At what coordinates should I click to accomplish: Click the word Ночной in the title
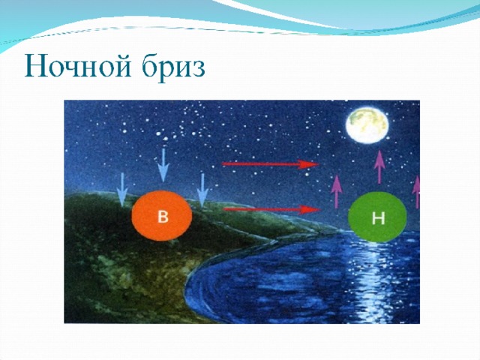coord(78,67)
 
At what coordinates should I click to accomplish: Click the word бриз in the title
coord(173,67)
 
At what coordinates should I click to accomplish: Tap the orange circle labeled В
coord(162,216)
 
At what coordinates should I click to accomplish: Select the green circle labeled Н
coord(377,217)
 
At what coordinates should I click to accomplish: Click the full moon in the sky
coord(367,124)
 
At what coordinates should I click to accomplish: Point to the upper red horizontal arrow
coord(270,164)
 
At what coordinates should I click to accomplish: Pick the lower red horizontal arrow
coord(272,210)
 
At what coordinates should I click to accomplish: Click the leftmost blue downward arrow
coord(122,190)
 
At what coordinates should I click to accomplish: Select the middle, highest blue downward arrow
coord(163,165)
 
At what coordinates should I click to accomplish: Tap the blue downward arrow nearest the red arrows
coord(202,190)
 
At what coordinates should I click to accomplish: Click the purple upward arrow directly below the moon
coord(379,166)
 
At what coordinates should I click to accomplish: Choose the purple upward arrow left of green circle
coord(337,192)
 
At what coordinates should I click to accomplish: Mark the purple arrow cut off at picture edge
coord(416,192)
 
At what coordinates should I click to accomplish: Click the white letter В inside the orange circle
coord(163,217)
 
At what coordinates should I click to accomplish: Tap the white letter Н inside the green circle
coord(378,218)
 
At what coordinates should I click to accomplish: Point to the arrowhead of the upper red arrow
coord(309,164)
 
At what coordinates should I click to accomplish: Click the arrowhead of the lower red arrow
coord(311,210)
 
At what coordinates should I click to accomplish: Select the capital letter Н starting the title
coord(36,67)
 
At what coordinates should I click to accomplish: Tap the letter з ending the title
coord(199,70)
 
